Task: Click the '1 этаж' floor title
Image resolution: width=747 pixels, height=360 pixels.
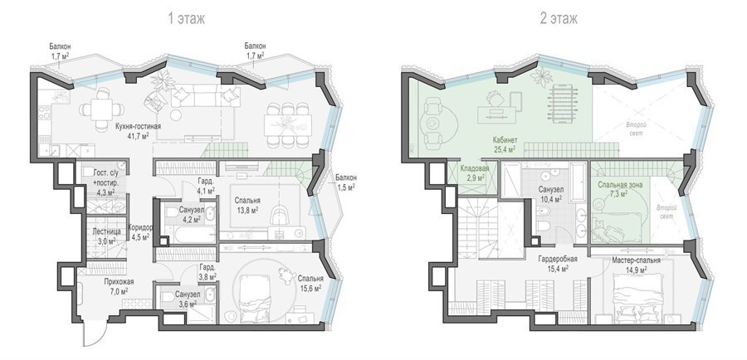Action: point(186,18)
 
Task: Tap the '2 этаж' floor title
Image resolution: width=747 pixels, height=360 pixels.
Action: point(559,18)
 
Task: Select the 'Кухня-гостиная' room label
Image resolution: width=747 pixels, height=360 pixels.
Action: point(138,127)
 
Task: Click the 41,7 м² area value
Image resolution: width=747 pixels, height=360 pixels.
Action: point(138,136)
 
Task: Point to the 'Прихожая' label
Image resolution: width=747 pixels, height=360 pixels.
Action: point(119,281)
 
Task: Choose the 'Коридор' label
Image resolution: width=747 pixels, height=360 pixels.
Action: point(140,227)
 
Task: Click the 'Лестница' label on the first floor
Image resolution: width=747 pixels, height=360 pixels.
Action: point(107,231)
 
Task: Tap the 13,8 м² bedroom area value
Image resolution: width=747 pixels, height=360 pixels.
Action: point(247,210)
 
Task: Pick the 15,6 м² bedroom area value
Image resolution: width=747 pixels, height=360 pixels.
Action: point(310,288)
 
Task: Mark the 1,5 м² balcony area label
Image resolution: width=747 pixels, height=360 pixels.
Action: point(346,187)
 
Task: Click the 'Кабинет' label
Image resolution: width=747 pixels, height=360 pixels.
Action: point(505,141)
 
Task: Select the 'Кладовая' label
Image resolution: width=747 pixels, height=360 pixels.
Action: point(473,168)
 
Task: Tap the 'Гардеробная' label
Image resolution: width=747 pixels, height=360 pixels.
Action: point(558,260)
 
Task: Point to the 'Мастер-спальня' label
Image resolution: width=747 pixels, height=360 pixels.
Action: point(636,261)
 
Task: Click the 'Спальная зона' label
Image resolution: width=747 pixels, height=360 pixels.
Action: point(620,184)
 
